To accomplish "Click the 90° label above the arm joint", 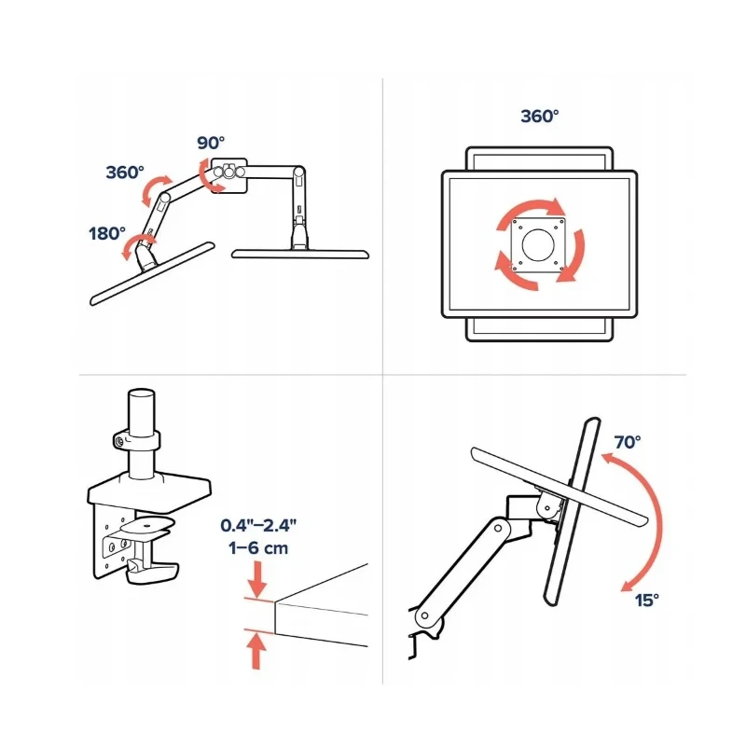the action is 211,143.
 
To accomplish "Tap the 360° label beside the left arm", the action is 125,173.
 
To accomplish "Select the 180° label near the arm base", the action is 107,234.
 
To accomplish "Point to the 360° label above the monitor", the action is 540,116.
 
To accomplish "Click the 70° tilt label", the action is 627,442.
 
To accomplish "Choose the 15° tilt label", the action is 646,600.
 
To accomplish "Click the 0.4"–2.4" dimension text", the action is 258,526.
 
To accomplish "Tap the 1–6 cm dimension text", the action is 258,548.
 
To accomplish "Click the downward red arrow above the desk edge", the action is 257,579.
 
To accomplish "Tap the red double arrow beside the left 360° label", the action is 156,191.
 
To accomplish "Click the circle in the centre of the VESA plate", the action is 538,245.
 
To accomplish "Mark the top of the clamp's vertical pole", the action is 142,393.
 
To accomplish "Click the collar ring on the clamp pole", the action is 137,439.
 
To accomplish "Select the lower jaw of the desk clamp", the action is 152,573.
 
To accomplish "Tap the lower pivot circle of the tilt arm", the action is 424,615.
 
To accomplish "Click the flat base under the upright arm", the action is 300,254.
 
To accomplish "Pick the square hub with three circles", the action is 228,175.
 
